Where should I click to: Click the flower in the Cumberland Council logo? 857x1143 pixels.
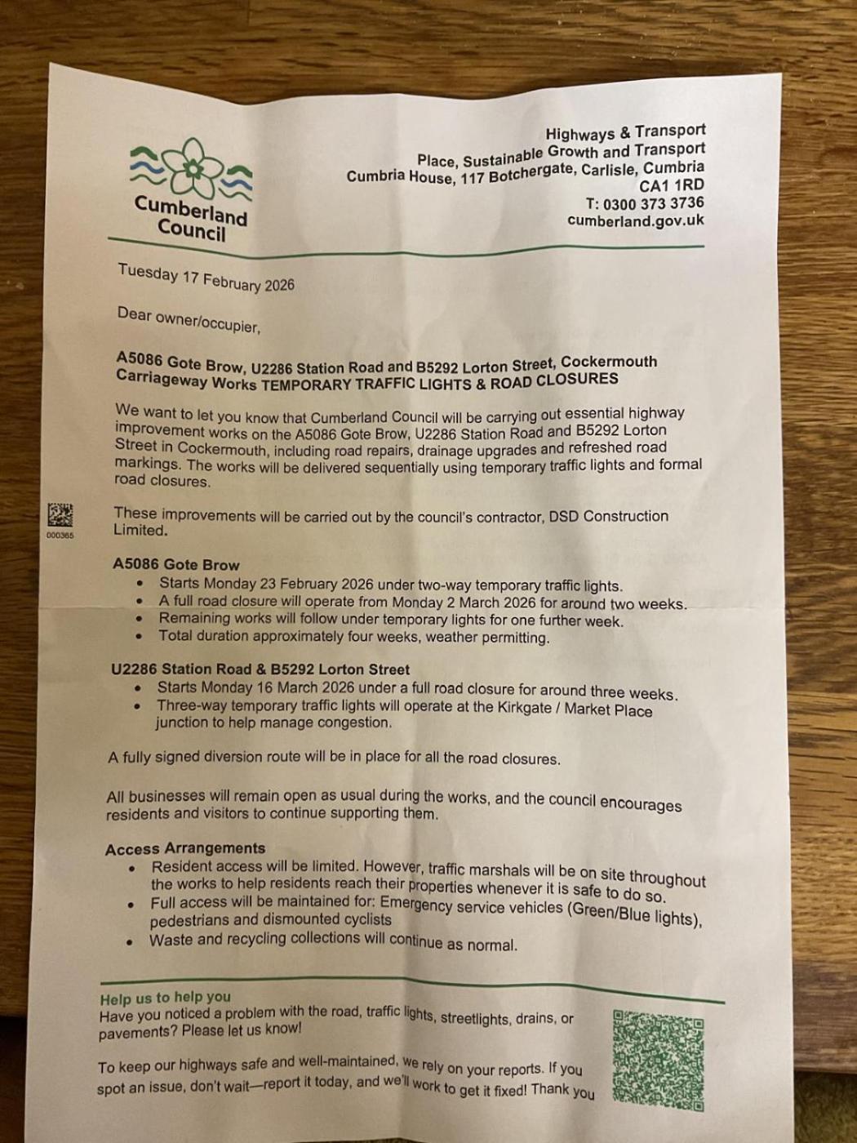(x=193, y=167)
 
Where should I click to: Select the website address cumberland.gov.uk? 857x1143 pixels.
(x=635, y=220)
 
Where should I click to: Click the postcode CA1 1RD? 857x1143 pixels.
(x=671, y=185)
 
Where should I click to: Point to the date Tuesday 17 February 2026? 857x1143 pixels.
(x=206, y=278)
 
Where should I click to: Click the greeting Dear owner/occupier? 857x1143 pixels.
(x=189, y=320)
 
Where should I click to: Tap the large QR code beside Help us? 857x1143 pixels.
(x=658, y=1060)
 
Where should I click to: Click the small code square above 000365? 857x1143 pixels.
(x=60, y=515)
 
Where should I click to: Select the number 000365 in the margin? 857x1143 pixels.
(x=60, y=536)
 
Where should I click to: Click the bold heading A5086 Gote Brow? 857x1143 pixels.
(x=176, y=564)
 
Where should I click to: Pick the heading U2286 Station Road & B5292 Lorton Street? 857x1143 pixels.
(x=260, y=669)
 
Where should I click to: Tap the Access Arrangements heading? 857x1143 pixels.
(x=185, y=849)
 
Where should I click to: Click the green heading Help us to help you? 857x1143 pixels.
(x=165, y=997)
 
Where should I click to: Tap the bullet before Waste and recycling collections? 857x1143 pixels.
(x=130, y=941)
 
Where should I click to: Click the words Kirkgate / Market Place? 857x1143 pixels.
(x=575, y=709)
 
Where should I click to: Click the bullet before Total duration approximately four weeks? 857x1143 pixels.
(x=140, y=636)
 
